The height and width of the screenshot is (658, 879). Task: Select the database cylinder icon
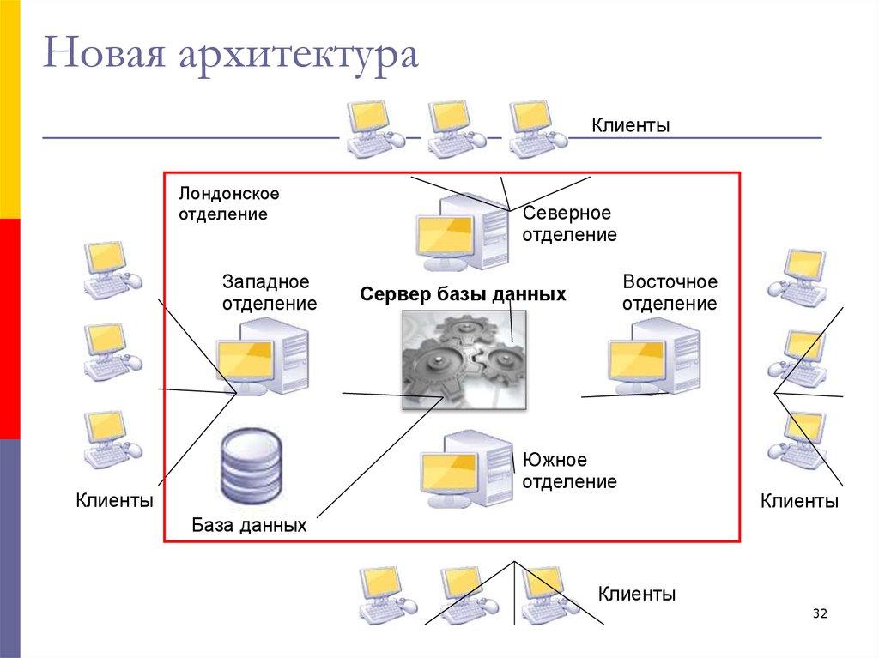point(251,471)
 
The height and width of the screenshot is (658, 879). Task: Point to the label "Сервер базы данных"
point(463,294)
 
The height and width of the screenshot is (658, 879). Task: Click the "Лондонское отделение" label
point(229,204)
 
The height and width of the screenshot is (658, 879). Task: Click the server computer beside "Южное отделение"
point(466,472)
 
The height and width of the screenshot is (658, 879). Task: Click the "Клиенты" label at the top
point(630,126)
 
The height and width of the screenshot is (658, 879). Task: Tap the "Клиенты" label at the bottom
point(636,594)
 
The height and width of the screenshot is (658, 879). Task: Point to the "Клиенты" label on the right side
point(799,501)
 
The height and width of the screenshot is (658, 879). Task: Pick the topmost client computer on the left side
point(112,269)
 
